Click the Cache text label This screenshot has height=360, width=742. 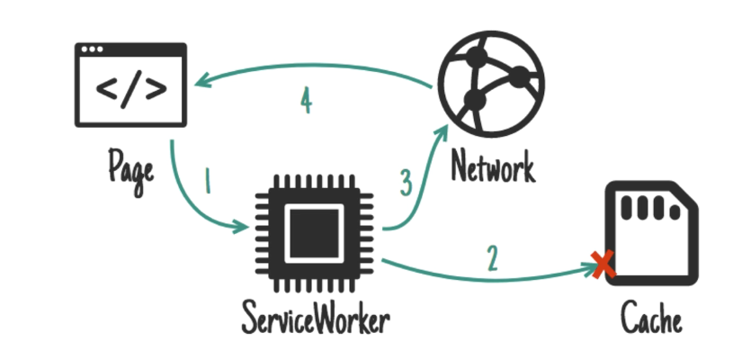[x=650, y=319]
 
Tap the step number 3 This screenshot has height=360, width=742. [x=406, y=184]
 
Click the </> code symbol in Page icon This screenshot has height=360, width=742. [x=131, y=91]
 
